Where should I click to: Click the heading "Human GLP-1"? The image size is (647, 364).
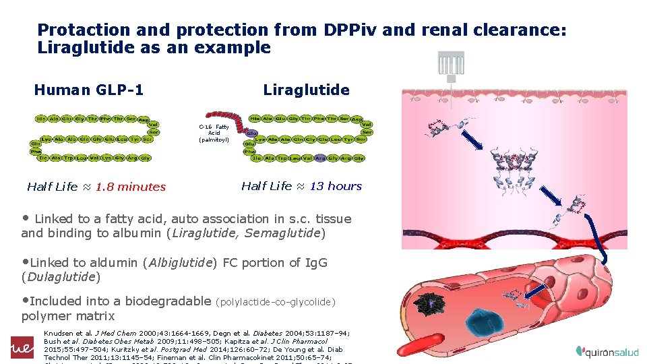pos(88,90)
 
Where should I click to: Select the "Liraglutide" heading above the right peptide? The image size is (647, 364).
pos(306,90)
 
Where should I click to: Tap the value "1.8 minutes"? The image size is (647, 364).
pos(130,187)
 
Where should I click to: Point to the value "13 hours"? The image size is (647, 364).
pos(336,186)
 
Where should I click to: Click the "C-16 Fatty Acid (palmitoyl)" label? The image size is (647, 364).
pos(214,133)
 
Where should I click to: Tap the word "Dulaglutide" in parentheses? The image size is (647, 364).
pos(61,276)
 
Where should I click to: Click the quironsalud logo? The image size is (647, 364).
pos(607,351)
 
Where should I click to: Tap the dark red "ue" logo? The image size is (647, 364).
pos(21,346)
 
